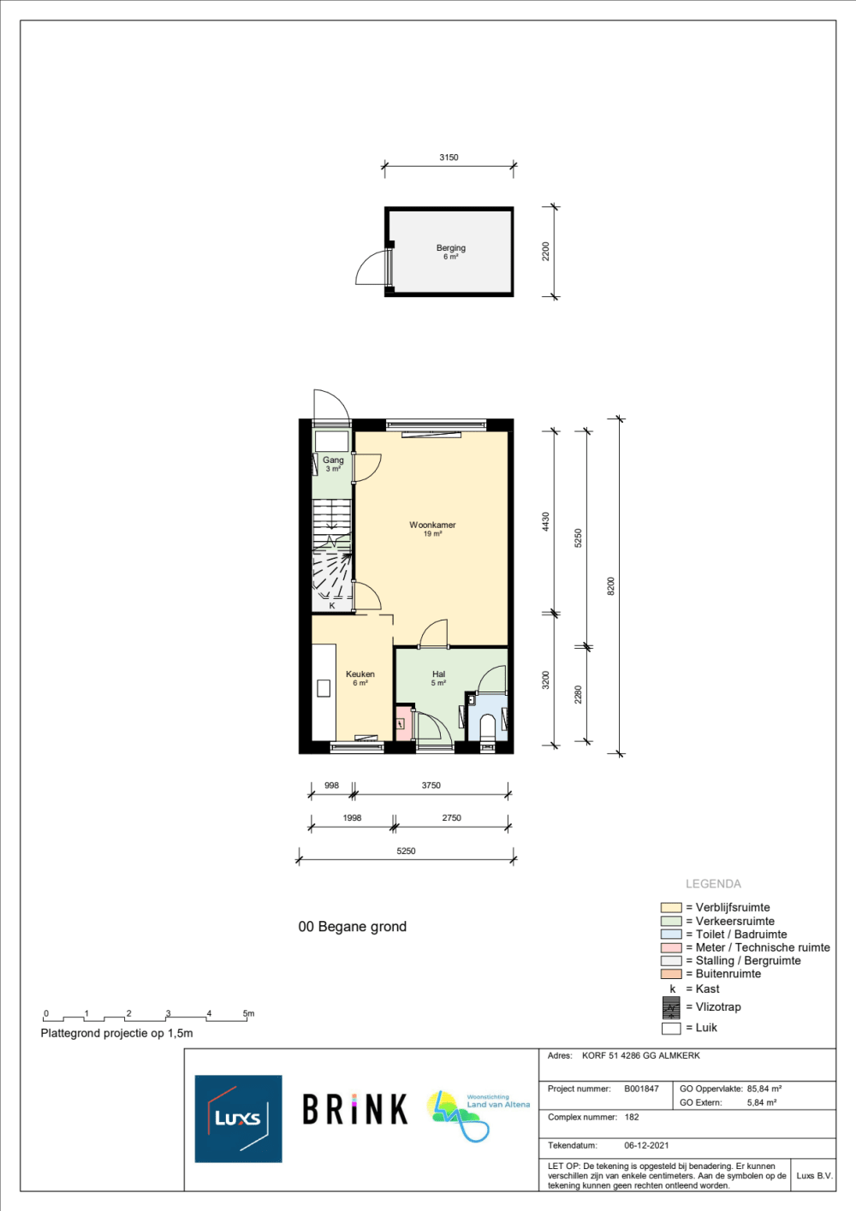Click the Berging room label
point(450,248)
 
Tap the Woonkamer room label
point(432,525)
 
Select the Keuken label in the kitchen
point(360,674)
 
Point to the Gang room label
point(333,460)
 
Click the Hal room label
point(438,674)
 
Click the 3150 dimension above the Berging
point(449,157)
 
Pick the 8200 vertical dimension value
point(611,586)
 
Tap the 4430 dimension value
point(545,522)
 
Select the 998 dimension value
point(331,785)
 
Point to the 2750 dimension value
point(451,818)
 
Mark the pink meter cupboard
point(403,723)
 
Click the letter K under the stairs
point(332,606)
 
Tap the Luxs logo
point(239,1119)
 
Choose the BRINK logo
point(354,1109)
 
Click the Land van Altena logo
point(478,1116)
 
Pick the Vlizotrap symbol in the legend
point(671,1007)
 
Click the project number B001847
point(641,1089)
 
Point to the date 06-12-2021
point(646,1146)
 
